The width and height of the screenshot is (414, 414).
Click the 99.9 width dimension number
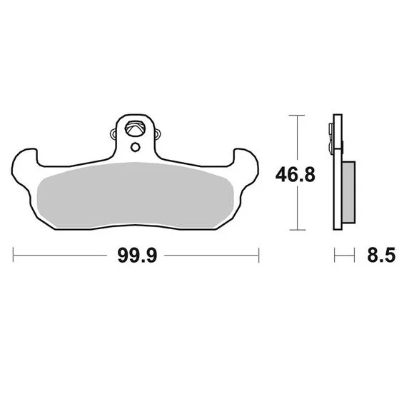tap(137, 256)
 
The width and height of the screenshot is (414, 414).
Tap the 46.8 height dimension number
tap(296, 175)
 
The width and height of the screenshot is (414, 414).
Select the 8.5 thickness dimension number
tap(381, 255)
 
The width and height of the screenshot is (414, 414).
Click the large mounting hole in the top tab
tap(136, 128)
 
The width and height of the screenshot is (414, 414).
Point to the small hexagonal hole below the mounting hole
tap(135, 147)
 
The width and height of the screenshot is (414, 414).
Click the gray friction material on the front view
tap(135, 196)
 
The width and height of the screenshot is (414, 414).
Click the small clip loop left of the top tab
tap(113, 134)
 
